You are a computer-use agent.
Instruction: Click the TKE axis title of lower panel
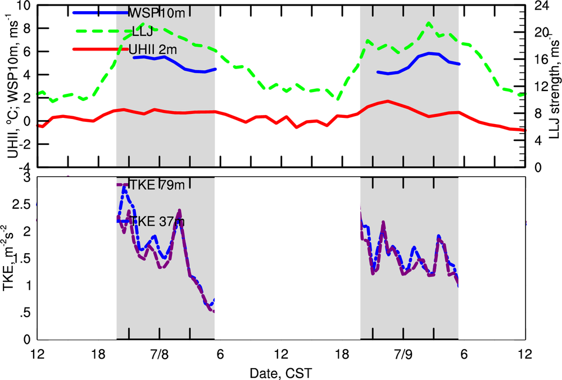(x=10, y=258)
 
